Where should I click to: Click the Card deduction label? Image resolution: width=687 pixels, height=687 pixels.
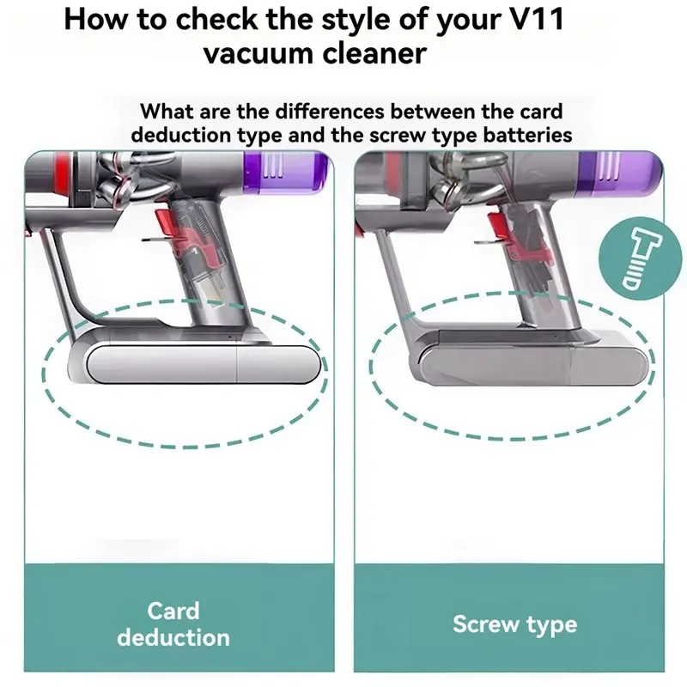click(173, 624)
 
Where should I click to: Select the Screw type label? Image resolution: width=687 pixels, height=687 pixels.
click(514, 624)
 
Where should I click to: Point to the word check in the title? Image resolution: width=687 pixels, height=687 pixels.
click(234, 18)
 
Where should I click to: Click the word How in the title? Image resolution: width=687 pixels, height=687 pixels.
click(97, 18)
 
